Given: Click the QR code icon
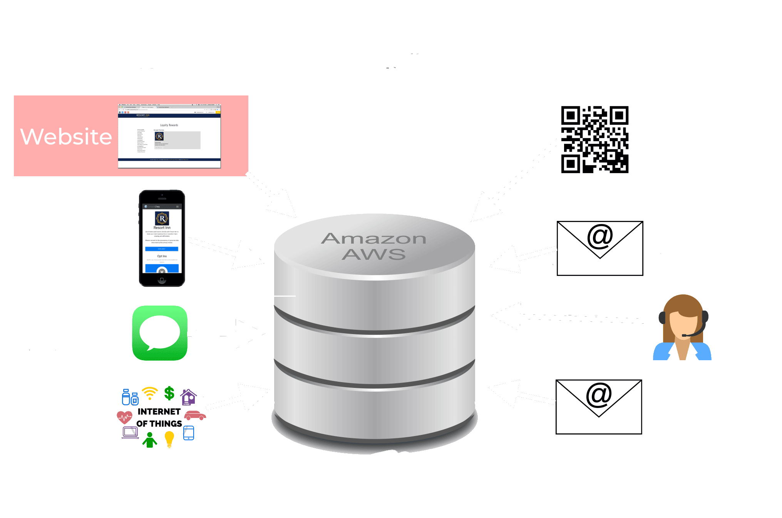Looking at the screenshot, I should click(595, 139).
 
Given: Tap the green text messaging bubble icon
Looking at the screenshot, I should click(160, 333).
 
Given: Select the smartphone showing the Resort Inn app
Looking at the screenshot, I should click(162, 239).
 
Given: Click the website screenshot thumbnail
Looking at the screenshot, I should click(169, 136).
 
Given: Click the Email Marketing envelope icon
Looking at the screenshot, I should click(599, 249).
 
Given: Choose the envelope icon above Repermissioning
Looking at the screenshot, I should click(599, 407).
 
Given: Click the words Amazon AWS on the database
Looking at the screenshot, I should click(373, 246).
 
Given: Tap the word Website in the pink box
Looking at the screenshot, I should click(66, 137).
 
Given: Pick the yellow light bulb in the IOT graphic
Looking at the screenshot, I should click(169, 438).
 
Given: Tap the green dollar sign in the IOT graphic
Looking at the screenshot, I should click(169, 393).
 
